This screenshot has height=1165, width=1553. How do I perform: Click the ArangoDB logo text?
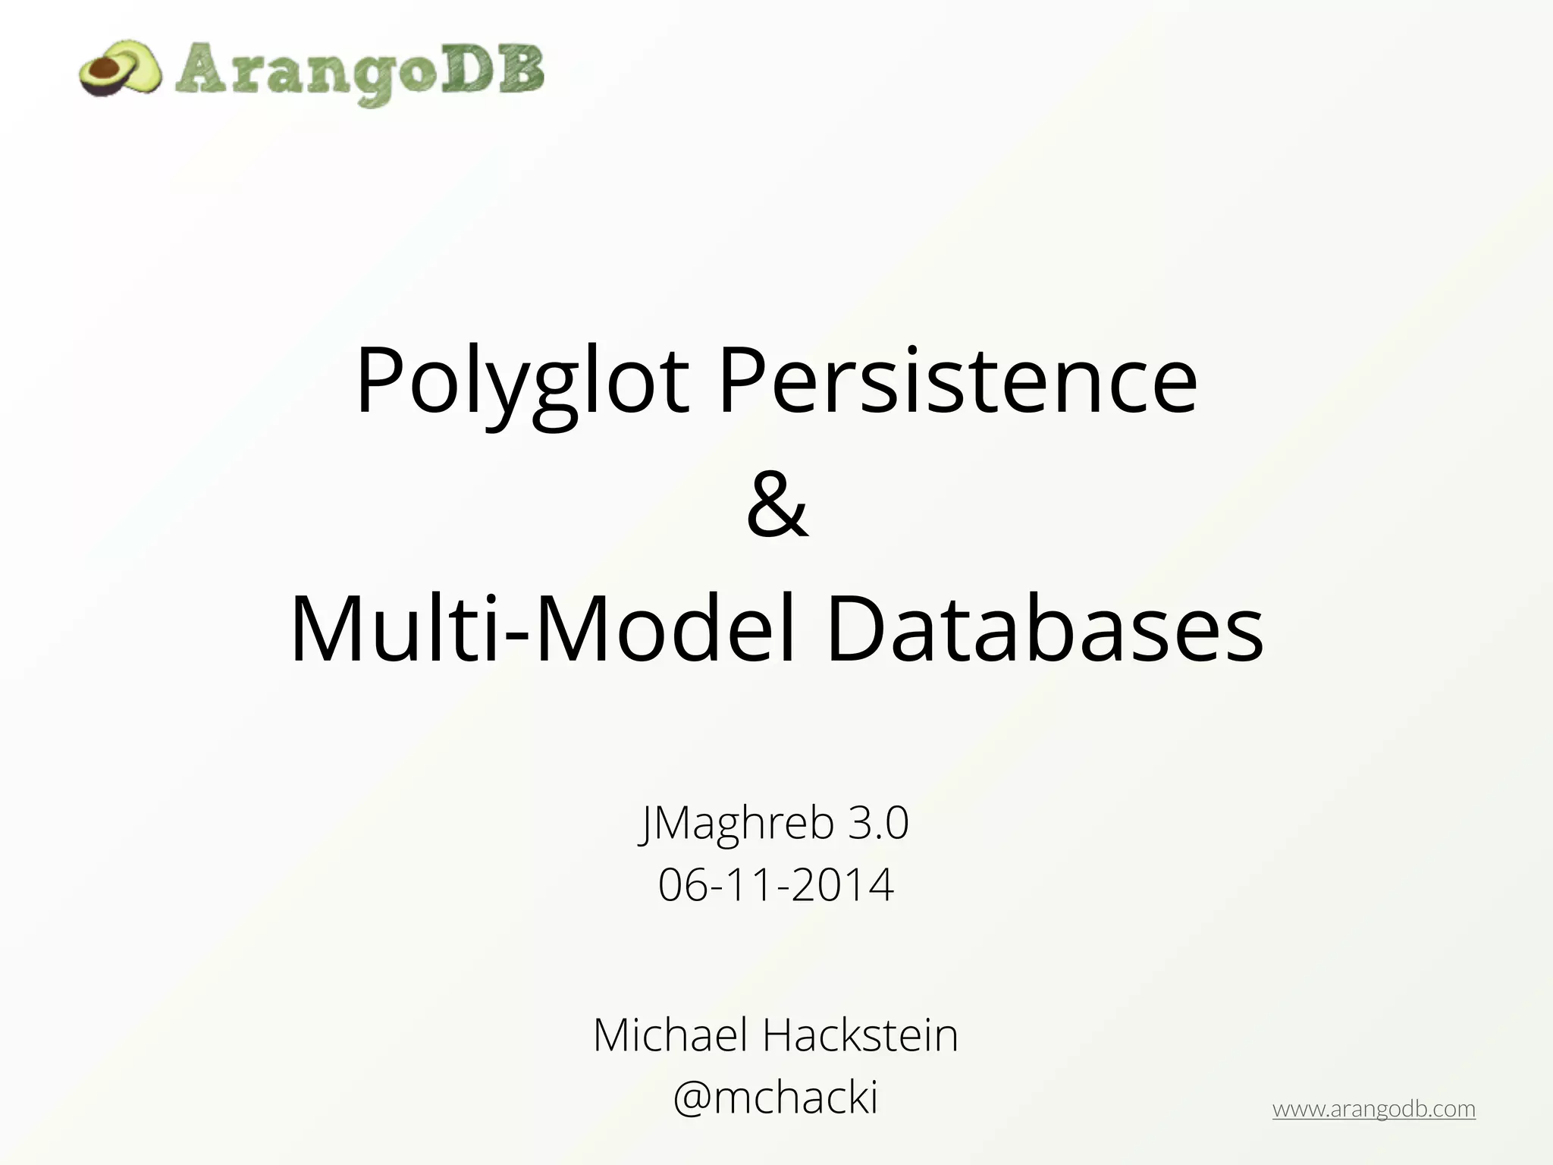(360, 73)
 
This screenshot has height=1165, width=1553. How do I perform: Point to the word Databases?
(1044, 630)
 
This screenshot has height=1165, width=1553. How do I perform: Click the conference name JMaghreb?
(736, 823)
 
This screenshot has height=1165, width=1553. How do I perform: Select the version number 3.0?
(878, 823)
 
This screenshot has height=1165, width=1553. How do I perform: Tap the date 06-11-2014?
(776, 884)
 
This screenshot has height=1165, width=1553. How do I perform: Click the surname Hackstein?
(860, 1035)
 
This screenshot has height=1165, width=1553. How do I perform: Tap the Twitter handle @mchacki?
(776, 1097)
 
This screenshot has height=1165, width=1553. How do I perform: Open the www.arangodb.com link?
(1373, 1109)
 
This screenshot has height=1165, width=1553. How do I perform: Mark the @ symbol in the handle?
(692, 1098)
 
